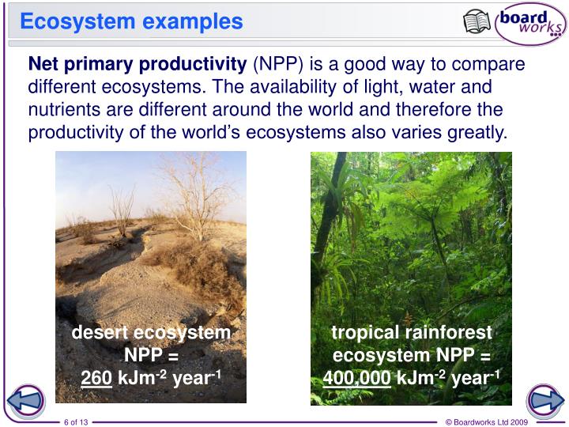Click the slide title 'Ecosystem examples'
(131, 21)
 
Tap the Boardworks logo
(530, 22)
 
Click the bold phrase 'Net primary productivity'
(138, 64)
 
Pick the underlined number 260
(96, 378)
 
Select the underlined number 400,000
(356, 378)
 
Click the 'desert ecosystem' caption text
(151, 333)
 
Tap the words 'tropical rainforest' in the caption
(411, 333)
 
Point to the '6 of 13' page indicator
(76, 421)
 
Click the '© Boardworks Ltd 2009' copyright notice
(486, 421)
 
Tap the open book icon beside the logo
(477, 21)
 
